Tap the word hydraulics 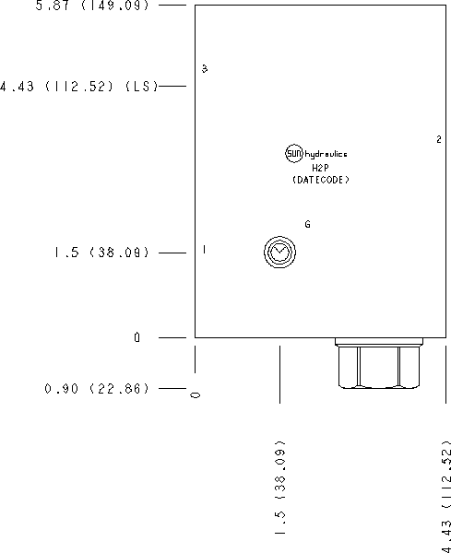(x=326, y=155)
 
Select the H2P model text (x=320, y=168)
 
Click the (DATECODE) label (x=321, y=180)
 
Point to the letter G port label (x=307, y=224)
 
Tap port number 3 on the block (x=205, y=68)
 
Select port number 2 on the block (x=439, y=139)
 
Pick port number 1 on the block (x=204, y=250)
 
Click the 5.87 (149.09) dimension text (x=92, y=6)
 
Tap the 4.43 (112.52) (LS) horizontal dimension (x=78, y=87)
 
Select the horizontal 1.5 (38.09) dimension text (x=101, y=253)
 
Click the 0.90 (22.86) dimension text (x=97, y=389)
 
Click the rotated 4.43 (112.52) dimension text (x=446, y=497)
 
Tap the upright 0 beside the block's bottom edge (x=136, y=338)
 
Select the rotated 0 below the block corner (x=196, y=395)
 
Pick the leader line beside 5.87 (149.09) (x=172, y=5)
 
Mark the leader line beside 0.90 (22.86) (x=172, y=389)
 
